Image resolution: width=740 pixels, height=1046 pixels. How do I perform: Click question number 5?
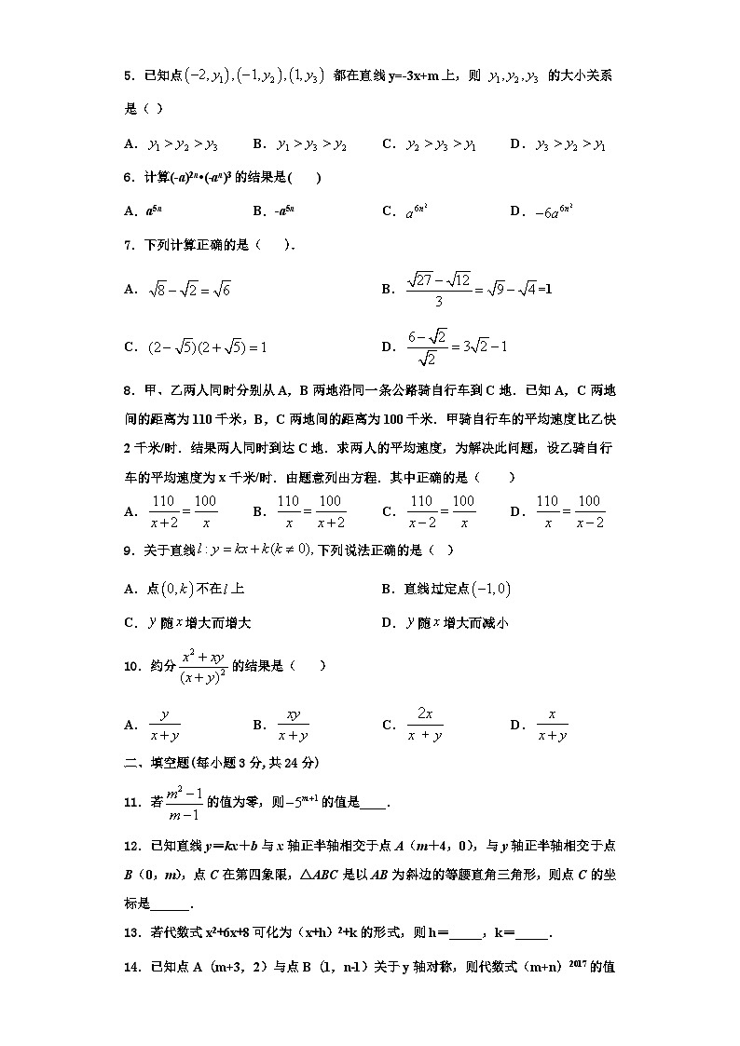coord(130,76)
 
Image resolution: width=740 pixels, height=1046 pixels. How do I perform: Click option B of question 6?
coord(274,211)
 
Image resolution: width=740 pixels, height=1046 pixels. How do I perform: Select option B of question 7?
coord(467,290)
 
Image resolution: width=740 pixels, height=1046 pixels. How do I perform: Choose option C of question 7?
coord(196,347)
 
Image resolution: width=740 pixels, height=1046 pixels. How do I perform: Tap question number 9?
coord(130,550)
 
